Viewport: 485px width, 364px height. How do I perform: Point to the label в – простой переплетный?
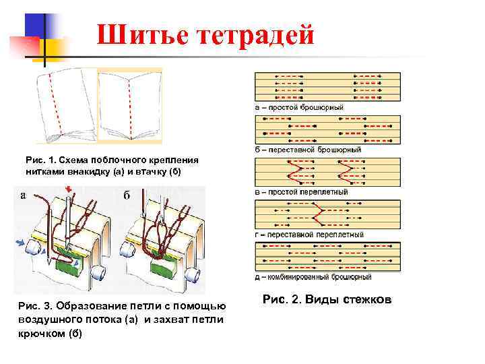point(301,191)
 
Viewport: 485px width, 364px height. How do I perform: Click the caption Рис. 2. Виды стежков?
point(327,299)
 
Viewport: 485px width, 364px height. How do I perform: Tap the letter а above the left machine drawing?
point(23,195)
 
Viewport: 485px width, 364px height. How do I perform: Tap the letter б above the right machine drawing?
point(127,195)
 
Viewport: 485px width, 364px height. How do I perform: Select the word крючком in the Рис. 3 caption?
point(42,334)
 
